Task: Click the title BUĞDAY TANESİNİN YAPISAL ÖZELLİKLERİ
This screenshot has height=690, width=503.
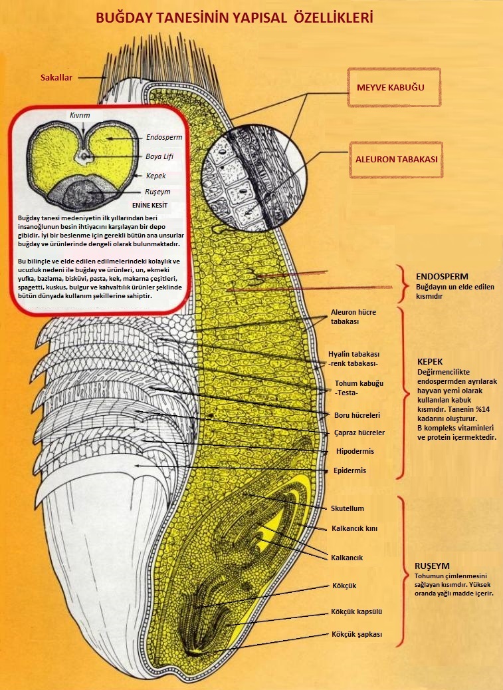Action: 234,18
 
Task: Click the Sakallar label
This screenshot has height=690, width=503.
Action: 56,77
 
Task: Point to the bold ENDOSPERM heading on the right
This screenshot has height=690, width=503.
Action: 442,275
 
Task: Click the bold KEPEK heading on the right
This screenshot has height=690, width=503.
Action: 430,361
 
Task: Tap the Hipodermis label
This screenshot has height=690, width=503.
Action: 355,451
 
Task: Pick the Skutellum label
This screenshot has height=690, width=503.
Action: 348,508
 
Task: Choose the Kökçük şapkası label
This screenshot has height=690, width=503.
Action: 356,634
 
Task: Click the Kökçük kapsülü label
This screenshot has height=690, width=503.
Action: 356,611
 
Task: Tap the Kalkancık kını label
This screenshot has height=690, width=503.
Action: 354,528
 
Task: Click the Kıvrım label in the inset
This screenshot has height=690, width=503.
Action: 80,115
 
